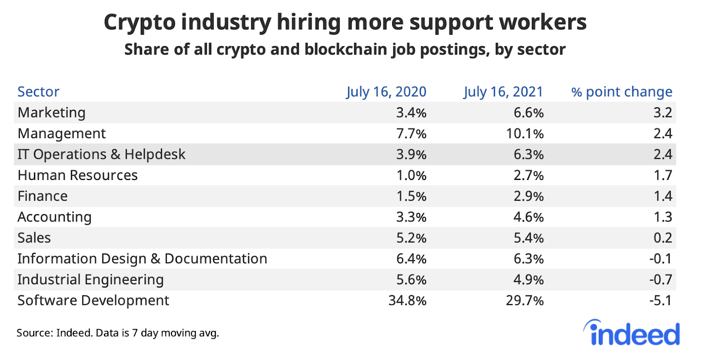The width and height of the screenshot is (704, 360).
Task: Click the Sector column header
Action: click(38, 92)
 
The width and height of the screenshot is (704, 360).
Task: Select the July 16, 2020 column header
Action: click(386, 92)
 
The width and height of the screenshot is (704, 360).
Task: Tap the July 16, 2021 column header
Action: click(503, 92)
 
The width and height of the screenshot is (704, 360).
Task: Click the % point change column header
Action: click(621, 92)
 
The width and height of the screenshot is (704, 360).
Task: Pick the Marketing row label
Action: click(51, 113)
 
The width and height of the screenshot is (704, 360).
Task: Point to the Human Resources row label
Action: click(77, 175)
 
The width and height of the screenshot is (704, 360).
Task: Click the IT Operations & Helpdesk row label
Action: click(101, 154)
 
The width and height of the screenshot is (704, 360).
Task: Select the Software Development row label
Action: click(93, 301)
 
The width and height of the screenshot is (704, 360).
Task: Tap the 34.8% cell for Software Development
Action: click(407, 301)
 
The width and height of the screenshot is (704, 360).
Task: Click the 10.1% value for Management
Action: click(524, 133)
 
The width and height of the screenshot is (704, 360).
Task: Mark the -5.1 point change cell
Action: click(660, 301)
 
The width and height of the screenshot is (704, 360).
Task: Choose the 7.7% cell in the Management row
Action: click(411, 133)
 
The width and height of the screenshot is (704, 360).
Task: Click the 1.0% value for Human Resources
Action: click(411, 175)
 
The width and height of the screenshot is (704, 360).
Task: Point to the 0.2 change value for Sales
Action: click(663, 238)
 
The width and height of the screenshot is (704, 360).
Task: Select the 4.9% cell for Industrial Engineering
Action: click(528, 280)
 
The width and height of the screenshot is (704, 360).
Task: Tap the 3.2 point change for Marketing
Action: click(663, 113)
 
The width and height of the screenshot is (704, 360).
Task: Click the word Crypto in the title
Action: click(139, 23)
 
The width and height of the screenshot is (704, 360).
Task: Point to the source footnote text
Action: click(117, 333)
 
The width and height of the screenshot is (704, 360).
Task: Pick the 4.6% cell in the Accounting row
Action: click(528, 217)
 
